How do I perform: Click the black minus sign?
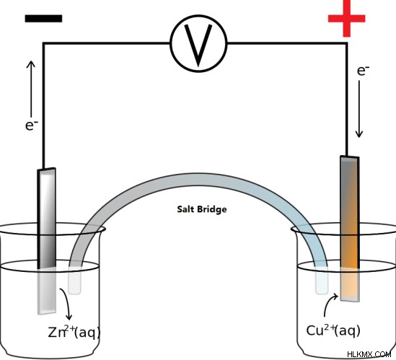click(x=43, y=19)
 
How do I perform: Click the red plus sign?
click(x=346, y=18)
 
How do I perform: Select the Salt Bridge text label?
click(x=202, y=209)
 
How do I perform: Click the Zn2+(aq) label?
click(x=74, y=332)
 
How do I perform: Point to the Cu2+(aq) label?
click(x=333, y=330)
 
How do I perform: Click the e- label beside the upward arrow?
click(x=32, y=125)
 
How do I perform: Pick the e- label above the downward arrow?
click(x=363, y=71)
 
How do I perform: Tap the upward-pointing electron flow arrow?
click(x=31, y=89)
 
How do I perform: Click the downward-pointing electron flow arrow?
click(x=359, y=109)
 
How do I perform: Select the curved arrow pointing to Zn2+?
click(x=66, y=304)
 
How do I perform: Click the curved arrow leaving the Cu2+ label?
click(x=328, y=303)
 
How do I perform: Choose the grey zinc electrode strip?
click(x=47, y=241)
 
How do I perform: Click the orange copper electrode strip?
click(x=350, y=229)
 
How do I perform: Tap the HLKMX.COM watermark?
click(x=369, y=354)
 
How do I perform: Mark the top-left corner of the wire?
click(x=44, y=44)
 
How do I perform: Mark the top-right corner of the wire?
click(x=346, y=44)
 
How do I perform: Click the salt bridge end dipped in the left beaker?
click(x=75, y=281)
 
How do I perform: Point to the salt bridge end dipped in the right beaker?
click(x=322, y=281)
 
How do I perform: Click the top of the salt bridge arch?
click(x=200, y=180)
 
